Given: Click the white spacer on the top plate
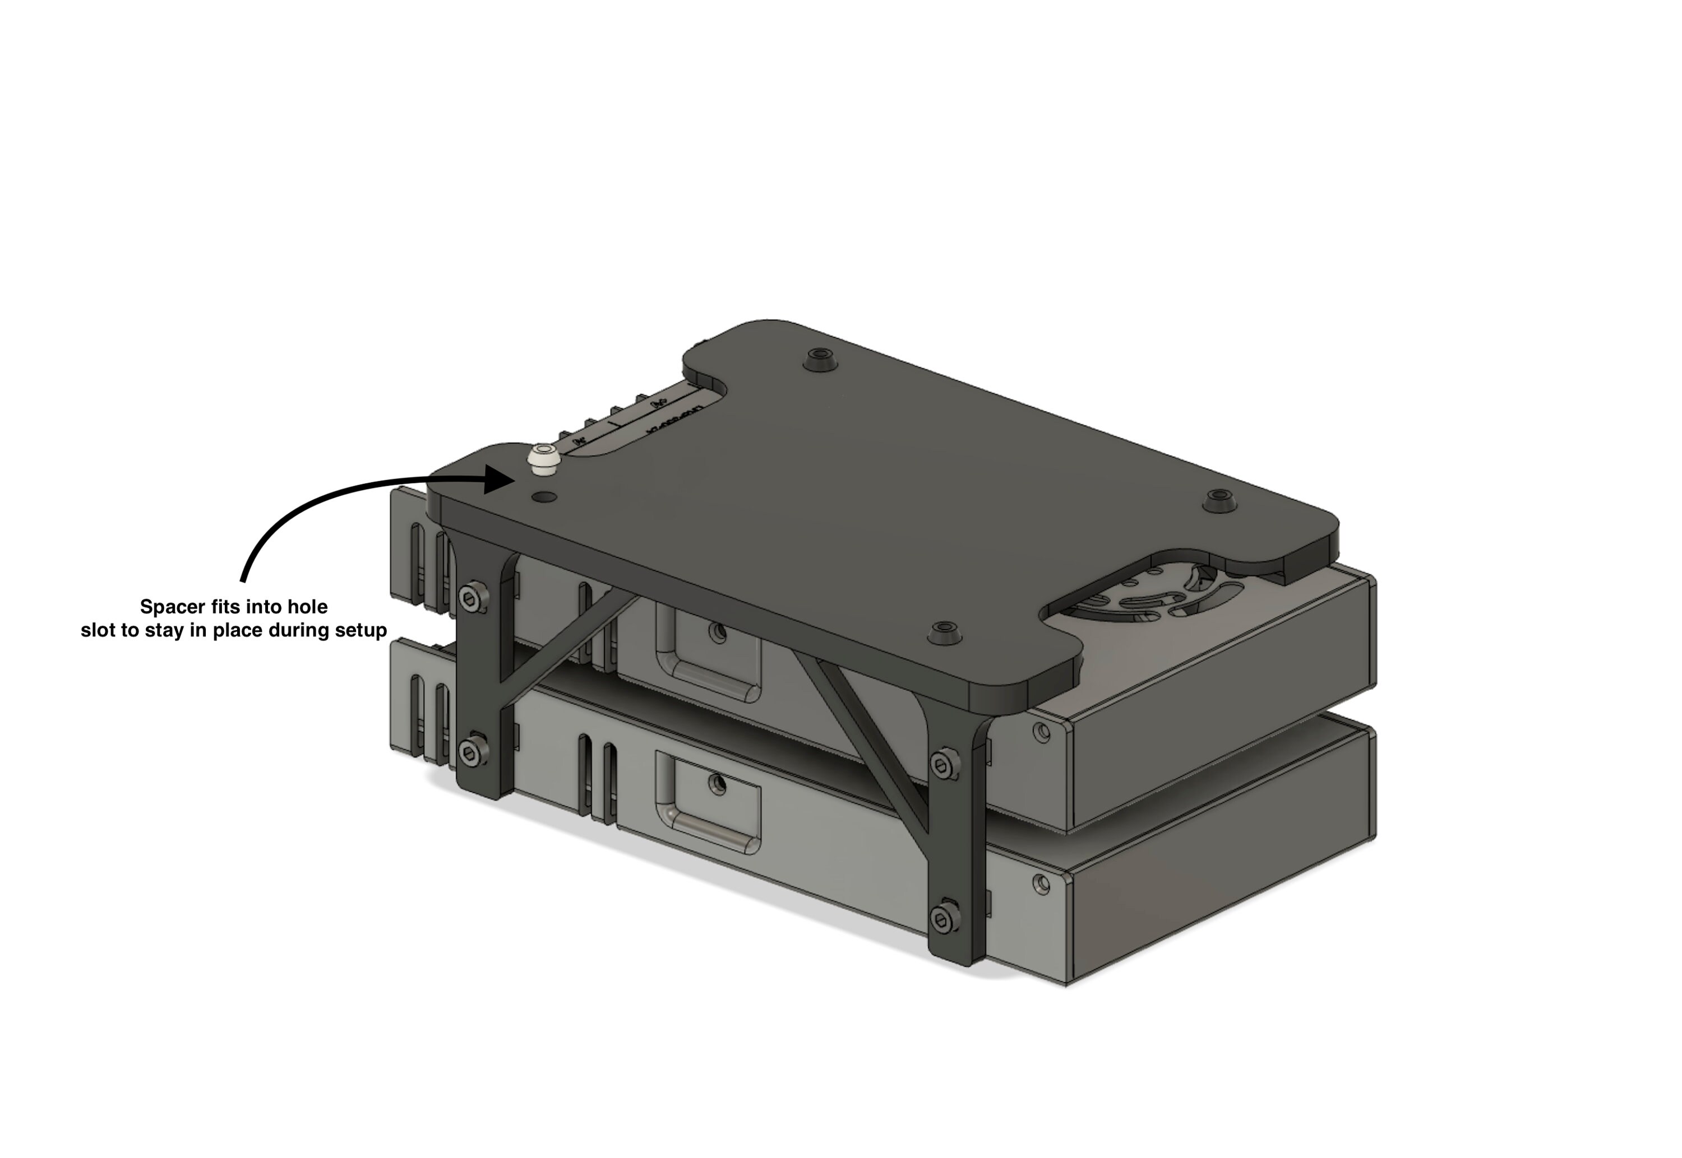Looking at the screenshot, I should point(541,461).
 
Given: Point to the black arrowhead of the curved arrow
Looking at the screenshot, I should point(501,480).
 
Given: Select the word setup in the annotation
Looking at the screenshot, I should point(361,630).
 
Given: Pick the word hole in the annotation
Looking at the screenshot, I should point(308,607).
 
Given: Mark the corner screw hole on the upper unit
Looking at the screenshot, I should point(1042,733).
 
